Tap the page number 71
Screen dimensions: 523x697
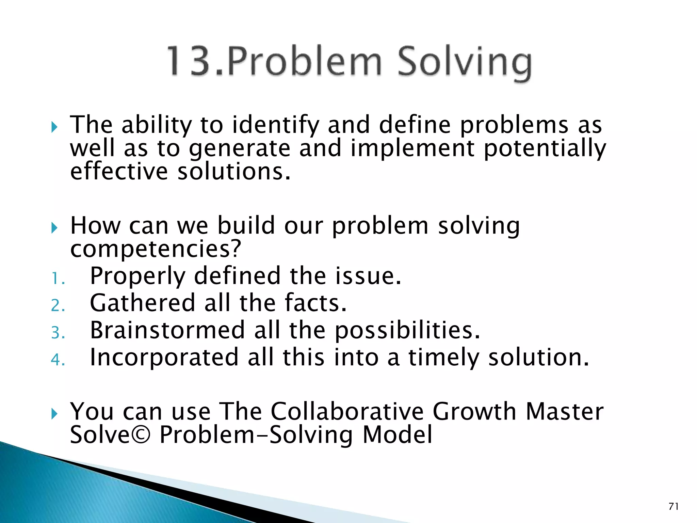(674, 506)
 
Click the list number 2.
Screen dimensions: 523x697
(57, 305)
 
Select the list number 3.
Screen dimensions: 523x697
(57, 333)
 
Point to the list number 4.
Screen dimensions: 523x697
(57, 360)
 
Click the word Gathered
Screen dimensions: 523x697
(142, 303)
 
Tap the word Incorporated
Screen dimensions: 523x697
(164, 358)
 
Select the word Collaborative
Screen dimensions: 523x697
(347, 412)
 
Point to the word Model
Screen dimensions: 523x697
(397, 435)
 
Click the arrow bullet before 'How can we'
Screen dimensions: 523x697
(54, 227)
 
